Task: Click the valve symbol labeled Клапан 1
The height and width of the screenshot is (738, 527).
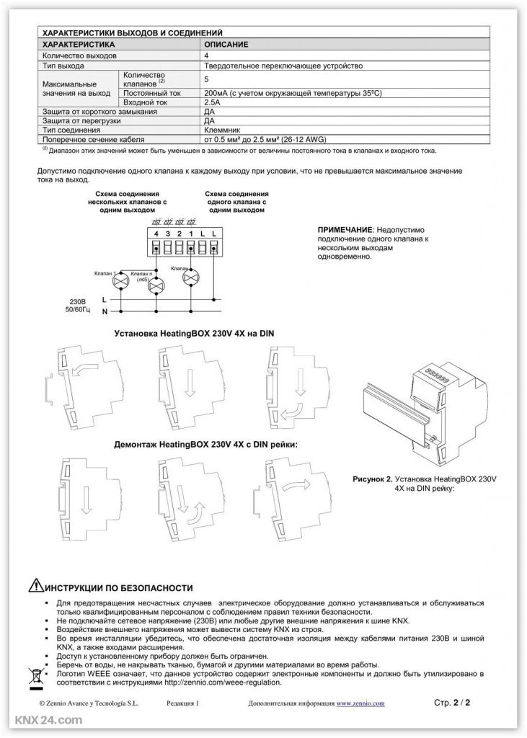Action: [123, 279]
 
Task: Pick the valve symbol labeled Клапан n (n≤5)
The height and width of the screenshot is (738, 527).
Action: [155, 286]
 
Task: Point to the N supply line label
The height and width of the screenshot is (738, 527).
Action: [105, 311]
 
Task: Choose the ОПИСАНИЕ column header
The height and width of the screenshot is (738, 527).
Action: [227, 45]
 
